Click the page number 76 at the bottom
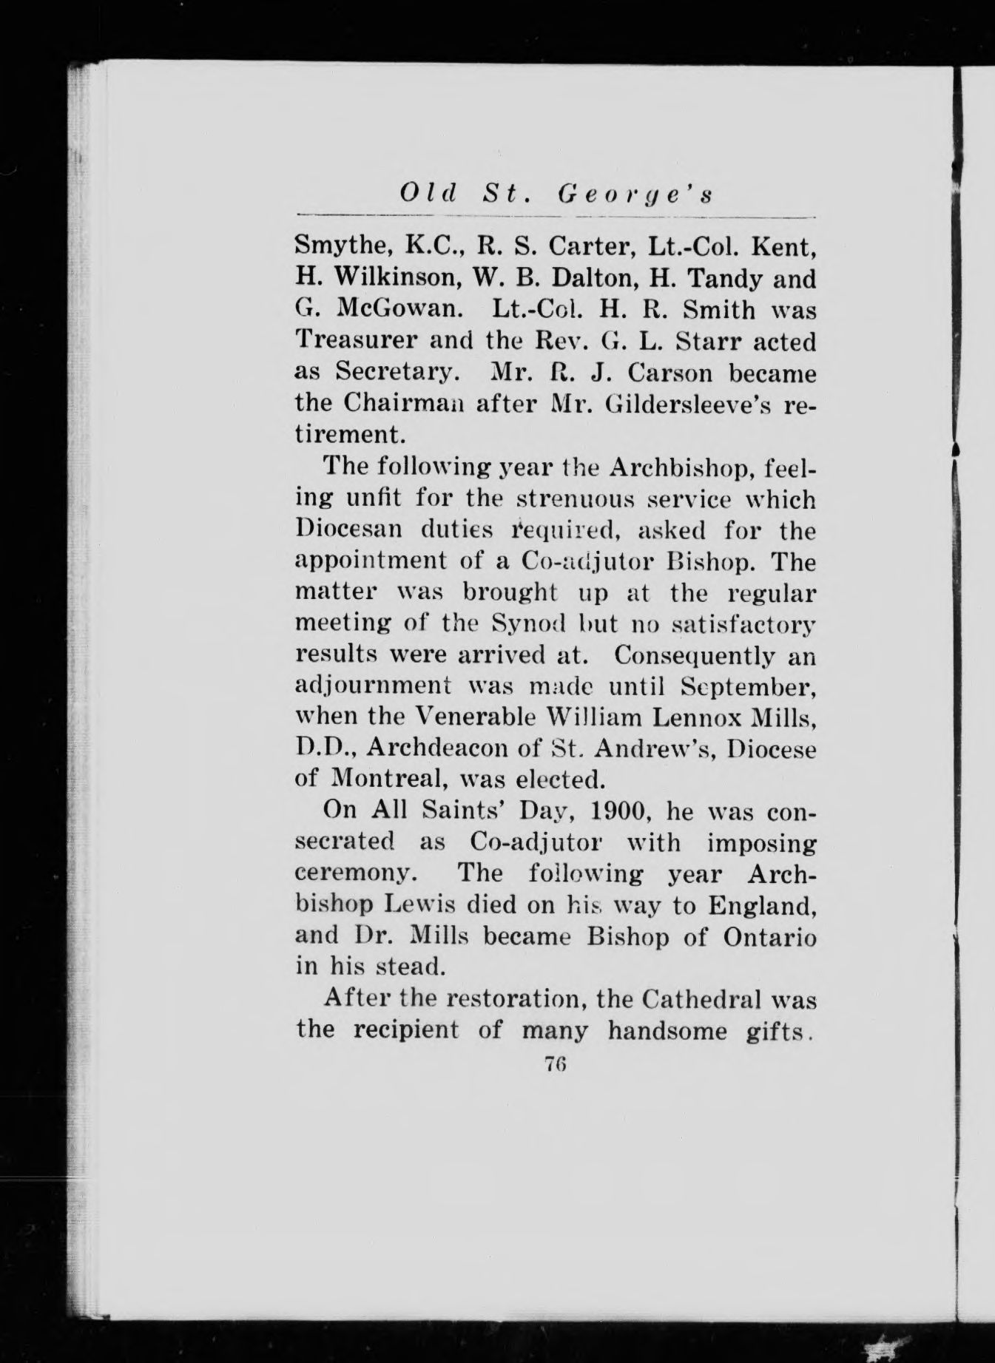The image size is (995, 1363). pyautogui.click(x=556, y=1064)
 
